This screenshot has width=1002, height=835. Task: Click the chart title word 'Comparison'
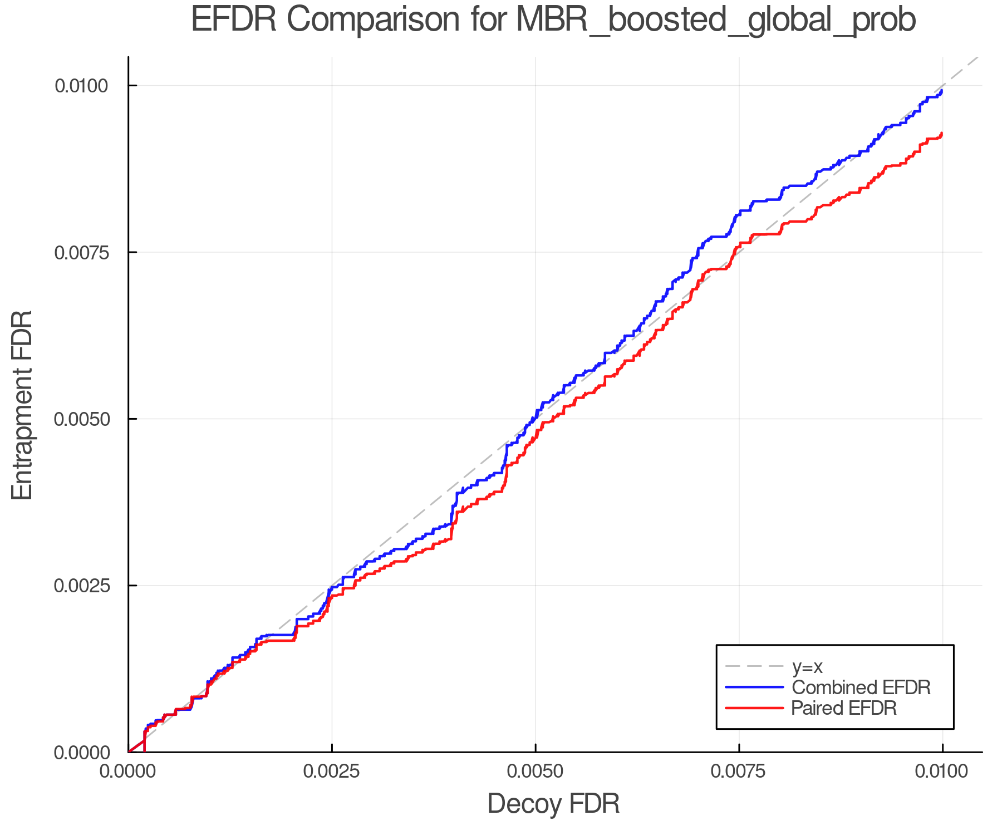[373, 20]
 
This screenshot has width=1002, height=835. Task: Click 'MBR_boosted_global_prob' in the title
[716, 21]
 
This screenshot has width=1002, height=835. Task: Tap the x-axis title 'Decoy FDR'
[553, 804]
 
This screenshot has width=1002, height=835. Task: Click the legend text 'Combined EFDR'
[861, 687]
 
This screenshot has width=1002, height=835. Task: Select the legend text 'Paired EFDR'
[844, 708]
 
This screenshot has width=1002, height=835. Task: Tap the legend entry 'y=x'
[807, 666]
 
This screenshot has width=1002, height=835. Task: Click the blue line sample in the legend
[754, 687]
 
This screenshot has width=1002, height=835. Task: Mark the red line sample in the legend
[754, 708]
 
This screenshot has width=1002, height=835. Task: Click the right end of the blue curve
[941, 91]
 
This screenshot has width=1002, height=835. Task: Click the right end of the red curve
[941, 134]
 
